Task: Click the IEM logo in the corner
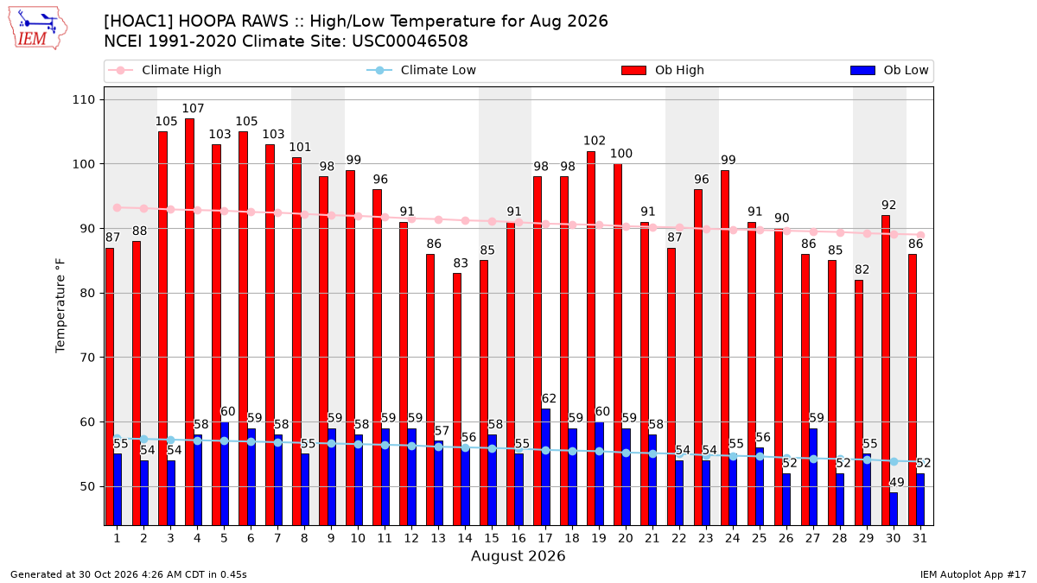(x=37, y=29)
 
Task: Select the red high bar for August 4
(x=189, y=322)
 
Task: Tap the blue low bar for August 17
(x=546, y=467)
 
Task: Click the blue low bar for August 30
(x=894, y=509)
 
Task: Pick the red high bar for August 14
(x=457, y=399)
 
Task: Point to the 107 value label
(x=193, y=108)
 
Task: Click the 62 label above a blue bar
(x=549, y=398)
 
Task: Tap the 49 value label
(x=897, y=482)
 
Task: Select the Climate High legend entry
(x=164, y=70)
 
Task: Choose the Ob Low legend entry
(x=889, y=70)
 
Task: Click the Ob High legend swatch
(x=633, y=70)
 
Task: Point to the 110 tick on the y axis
(x=83, y=99)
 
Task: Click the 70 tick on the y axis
(x=87, y=358)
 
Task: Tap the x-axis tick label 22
(x=678, y=538)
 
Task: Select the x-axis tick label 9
(x=331, y=538)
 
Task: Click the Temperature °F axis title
(x=60, y=306)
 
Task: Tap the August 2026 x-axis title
(x=518, y=555)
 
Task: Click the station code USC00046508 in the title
(x=410, y=41)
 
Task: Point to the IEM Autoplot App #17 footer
(x=973, y=574)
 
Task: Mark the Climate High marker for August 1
(x=118, y=208)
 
